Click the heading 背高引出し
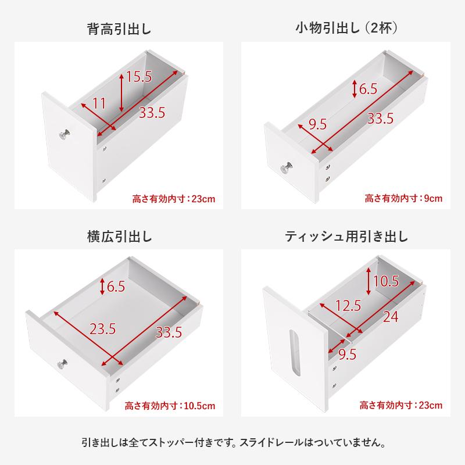[x=119, y=29]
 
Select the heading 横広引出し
[x=119, y=237]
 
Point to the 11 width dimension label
[x=99, y=104]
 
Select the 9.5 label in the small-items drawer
[x=317, y=123]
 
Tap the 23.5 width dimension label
[x=102, y=328]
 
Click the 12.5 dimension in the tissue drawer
[x=348, y=305]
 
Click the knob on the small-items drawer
[x=287, y=169]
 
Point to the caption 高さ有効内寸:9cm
[x=403, y=198]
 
